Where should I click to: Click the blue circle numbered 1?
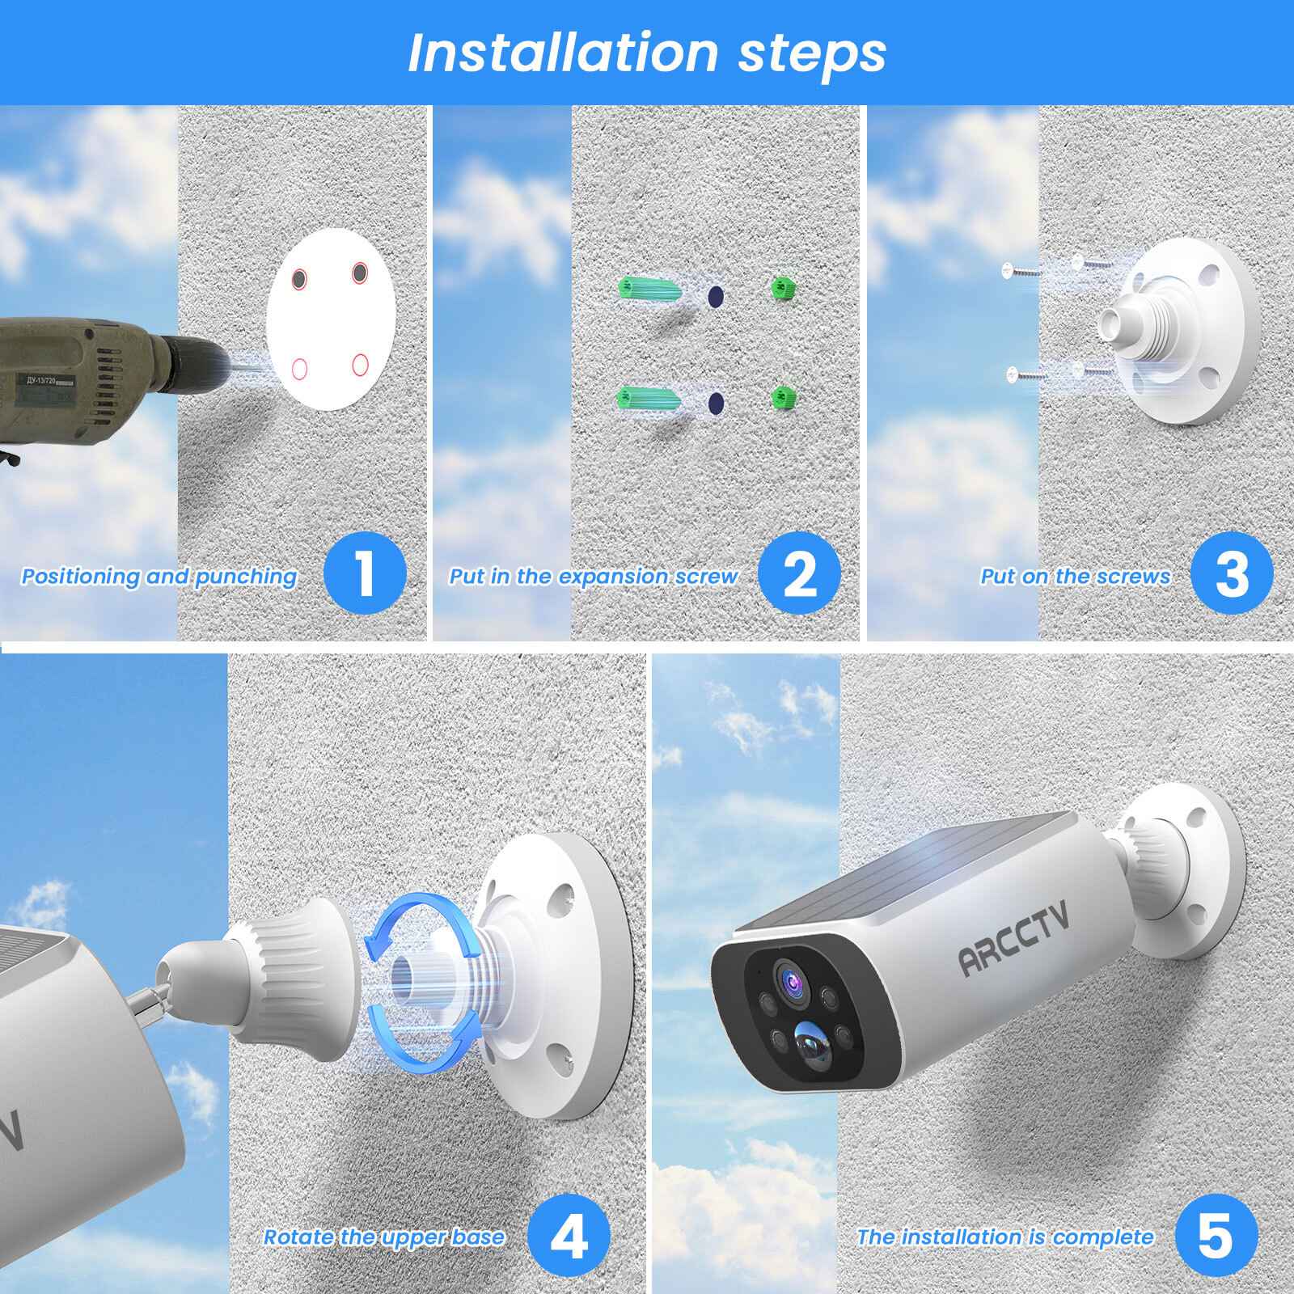pos(365,575)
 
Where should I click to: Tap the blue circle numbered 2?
pos(800,575)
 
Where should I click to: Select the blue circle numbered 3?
pos(1232,575)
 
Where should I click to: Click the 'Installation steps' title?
pos(647,53)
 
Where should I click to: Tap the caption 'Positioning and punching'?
pos(159,577)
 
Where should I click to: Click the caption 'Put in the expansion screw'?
pos(594,577)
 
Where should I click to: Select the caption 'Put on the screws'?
pos(1075,577)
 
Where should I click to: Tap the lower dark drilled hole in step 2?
pos(715,402)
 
